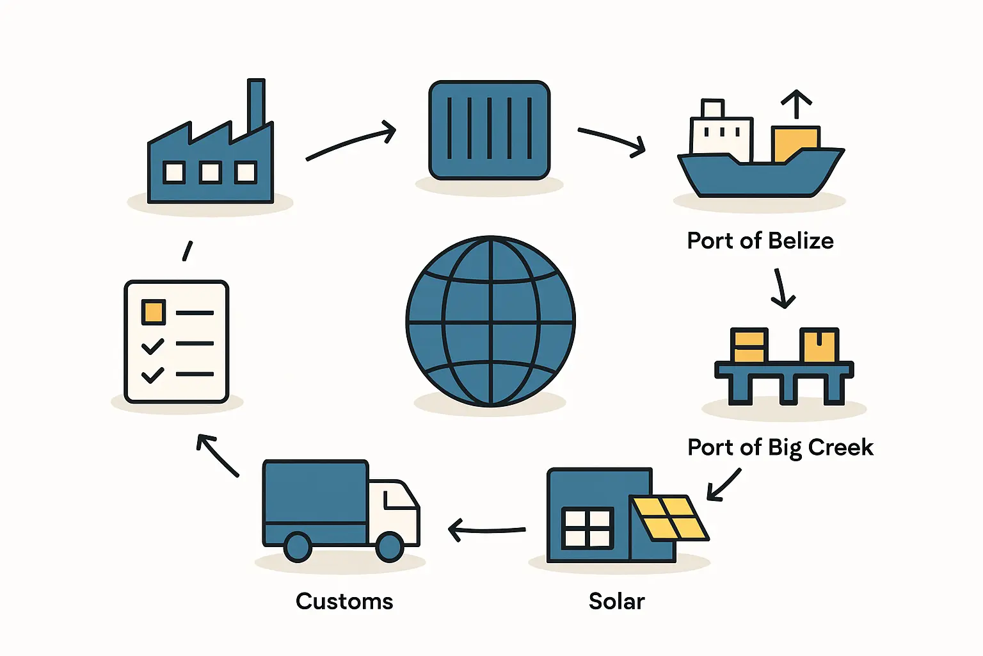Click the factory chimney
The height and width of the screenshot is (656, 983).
coord(256,106)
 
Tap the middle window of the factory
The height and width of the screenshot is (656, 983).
coord(210,172)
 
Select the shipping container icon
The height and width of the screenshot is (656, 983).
coord(490,130)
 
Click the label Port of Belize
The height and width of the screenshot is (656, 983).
coord(760,241)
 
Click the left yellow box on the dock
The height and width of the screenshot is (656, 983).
coord(749,346)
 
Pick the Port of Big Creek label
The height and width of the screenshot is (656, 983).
coord(780,447)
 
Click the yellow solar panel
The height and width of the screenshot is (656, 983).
coord(669,517)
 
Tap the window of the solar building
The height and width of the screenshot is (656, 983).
coord(587,528)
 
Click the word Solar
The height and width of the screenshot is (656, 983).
coord(616,602)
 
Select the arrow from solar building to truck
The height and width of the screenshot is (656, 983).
coord(486,530)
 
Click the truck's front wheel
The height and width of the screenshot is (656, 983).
coord(389,546)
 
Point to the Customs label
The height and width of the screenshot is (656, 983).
coord(344,602)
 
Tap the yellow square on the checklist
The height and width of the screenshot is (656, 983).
coord(154,313)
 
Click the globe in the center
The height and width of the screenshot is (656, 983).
coord(491,321)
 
